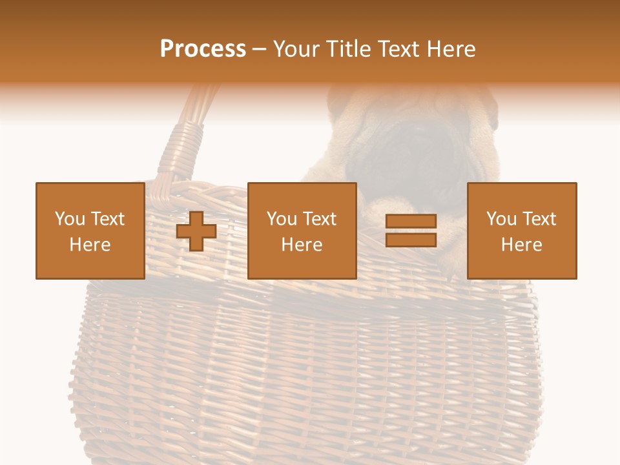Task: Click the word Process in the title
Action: coord(203,49)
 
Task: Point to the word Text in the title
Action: coord(399,49)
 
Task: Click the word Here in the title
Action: coord(452,49)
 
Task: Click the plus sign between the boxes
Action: coord(196,231)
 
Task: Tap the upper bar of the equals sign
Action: coord(411,222)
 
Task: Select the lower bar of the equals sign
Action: coord(411,240)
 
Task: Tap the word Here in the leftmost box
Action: coord(90,245)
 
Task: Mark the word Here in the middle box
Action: coord(302,245)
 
